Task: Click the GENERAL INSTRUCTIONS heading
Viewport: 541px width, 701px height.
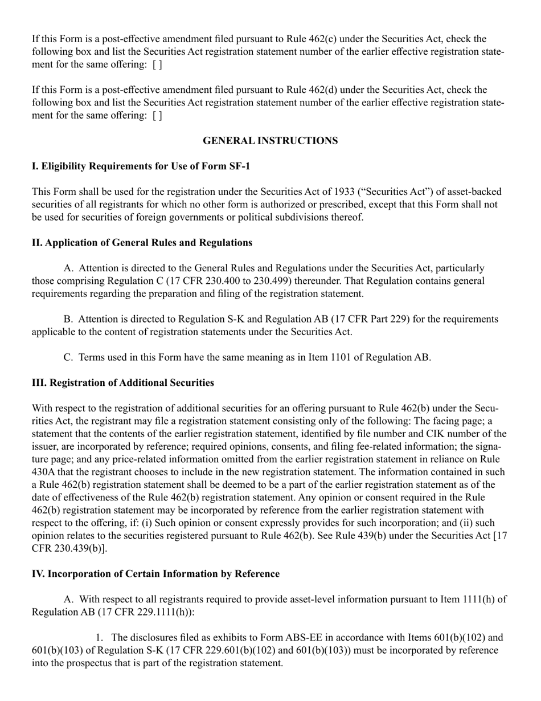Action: (270, 141)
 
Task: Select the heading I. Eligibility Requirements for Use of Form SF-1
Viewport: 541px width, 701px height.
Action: (141, 166)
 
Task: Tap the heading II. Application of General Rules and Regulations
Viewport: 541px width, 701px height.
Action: (142, 243)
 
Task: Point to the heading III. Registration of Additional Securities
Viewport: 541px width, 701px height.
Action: (123, 383)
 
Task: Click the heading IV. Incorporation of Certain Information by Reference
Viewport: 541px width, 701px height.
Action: (155, 574)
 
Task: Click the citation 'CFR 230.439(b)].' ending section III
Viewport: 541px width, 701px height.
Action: (69, 549)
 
